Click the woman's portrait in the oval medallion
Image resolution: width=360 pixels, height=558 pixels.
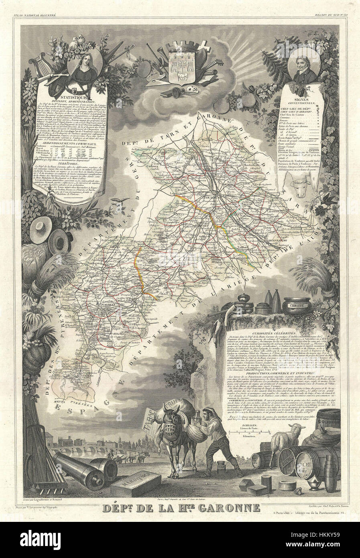click(x=85, y=65)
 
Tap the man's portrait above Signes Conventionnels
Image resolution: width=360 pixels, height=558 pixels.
click(x=299, y=66)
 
